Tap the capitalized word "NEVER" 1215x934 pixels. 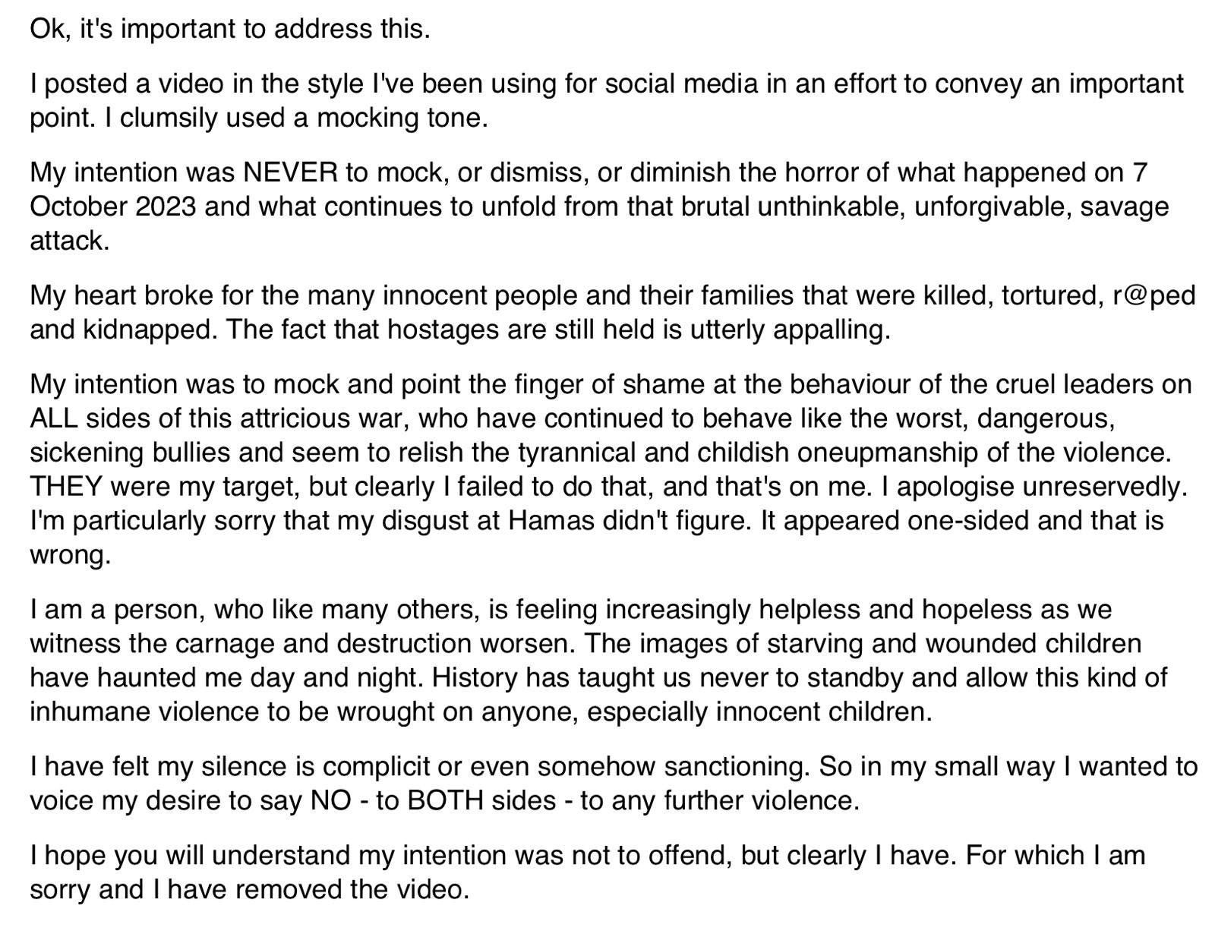click(290, 172)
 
